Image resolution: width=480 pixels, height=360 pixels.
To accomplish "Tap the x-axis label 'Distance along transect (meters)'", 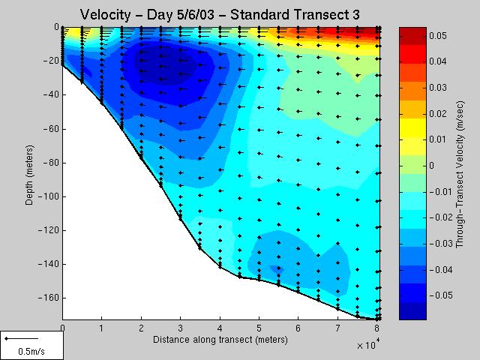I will pyautogui.click(x=220, y=340).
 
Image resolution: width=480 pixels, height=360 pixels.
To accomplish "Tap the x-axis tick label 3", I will pyautogui.click(x=180, y=328).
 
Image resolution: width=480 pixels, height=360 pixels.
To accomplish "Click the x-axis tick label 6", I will pyautogui.click(x=298, y=328).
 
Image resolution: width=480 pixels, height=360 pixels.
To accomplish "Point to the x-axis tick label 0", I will pyautogui.click(x=62, y=328).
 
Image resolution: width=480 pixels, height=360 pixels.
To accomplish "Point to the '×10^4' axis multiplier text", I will pyautogui.click(x=367, y=346).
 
